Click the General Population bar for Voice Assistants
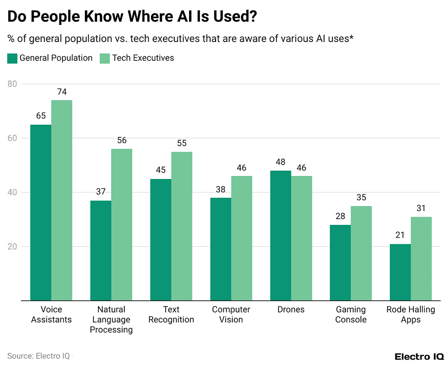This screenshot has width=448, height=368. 41,213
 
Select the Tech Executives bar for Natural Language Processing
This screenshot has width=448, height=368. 122,224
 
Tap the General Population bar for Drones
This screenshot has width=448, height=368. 280,235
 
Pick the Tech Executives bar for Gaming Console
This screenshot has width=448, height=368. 361,253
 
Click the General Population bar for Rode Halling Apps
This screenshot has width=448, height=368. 400,272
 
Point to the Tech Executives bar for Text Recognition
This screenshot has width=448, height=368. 182,226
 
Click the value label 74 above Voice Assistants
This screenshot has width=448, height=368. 62,92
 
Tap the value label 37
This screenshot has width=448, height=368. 101,192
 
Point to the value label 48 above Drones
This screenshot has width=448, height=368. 280,162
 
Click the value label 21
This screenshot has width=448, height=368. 400,235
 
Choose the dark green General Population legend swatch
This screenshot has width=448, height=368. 12,58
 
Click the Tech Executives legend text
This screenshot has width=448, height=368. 143,58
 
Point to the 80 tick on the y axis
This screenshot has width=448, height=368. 13,84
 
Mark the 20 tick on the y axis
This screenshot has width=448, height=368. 13,246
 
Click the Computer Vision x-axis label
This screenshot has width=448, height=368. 231,315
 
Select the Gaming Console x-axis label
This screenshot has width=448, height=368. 351,315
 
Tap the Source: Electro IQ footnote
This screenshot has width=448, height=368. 38,356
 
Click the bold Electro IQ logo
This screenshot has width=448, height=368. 419,356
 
